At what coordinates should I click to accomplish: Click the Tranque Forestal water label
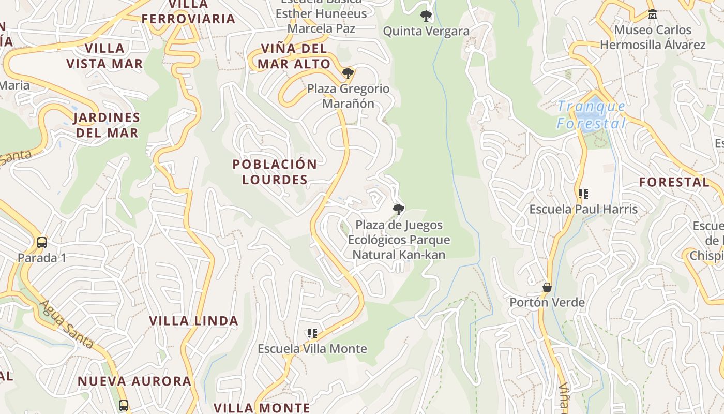[x=592, y=115]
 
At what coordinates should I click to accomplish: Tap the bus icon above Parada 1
[x=42, y=242]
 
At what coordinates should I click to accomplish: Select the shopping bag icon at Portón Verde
[x=547, y=287]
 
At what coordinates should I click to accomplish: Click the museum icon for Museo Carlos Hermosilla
[x=652, y=14]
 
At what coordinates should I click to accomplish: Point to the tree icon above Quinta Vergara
[x=426, y=16]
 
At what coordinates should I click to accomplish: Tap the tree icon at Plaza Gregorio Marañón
[x=348, y=73]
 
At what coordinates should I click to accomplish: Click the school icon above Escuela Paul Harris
[x=583, y=194]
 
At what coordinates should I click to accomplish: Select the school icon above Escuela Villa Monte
[x=312, y=333]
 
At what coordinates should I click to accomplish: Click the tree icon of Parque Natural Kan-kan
[x=398, y=210]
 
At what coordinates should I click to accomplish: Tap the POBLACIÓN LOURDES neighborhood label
[x=275, y=172]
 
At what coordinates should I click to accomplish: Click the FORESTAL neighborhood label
[x=674, y=182]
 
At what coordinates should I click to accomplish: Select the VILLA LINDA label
[x=193, y=321]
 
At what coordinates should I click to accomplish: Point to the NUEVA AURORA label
[x=134, y=381]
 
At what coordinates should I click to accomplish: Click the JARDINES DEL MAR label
[x=107, y=125]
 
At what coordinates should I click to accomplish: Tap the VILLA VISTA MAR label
[x=104, y=56]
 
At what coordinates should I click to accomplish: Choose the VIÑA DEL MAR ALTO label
[x=294, y=56]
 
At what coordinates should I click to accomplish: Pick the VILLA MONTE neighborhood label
[x=262, y=408]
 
